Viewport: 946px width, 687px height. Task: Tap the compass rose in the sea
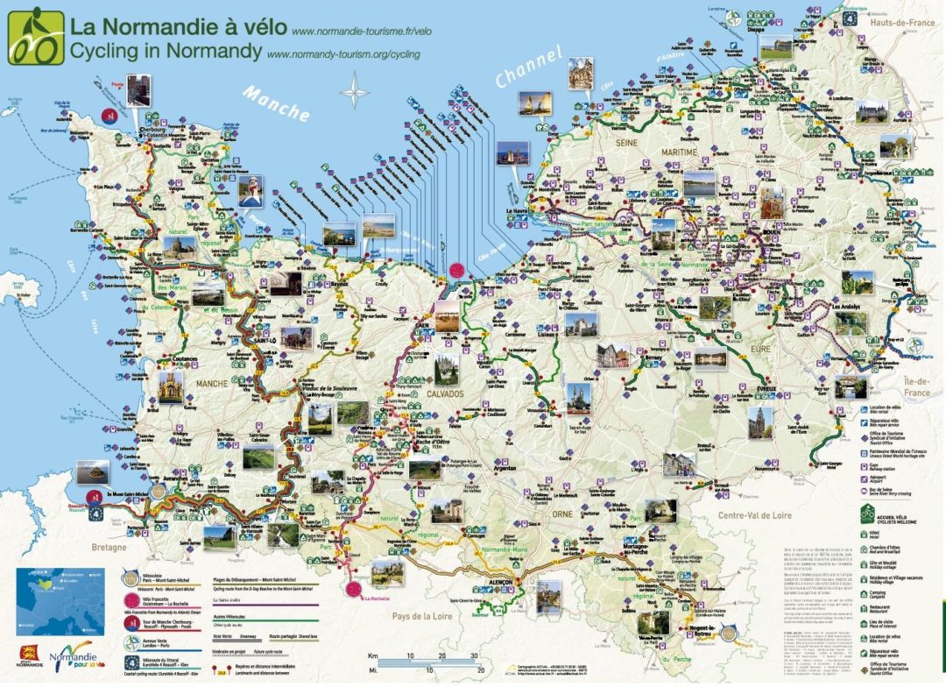click(355, 91)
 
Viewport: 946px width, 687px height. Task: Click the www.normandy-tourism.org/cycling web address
click(342, 53)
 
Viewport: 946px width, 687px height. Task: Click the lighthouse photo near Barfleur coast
click(251, 190)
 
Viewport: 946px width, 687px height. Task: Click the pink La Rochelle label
click(378, 598)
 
